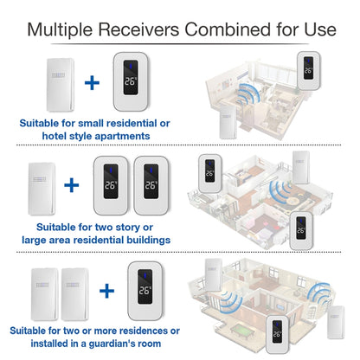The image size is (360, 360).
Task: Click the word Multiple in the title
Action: pyautogui.click(x=60, y=29)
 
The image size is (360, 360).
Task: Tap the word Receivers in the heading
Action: pyautogui.click(x=139, y=29)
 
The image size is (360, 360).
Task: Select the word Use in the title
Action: pyautogui.click(x=320, y=29)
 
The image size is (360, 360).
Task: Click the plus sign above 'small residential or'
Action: pyautogui.click(x=92, y=82)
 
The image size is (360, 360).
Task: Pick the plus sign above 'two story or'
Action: pyautogui.click(x=72, y=185)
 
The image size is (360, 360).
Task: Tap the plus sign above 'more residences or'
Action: pyautogui.click(x=106, y=291)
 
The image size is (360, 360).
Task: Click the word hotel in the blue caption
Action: pyautogui.click(x=55, y=136)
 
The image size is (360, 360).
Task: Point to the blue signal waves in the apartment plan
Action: pyautogui.click(x=247, y=94)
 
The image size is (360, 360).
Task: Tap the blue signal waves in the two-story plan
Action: pyautogui.click(x=280, y=190)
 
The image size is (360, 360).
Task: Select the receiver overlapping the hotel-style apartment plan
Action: pyautogui.click(x=309, y=71)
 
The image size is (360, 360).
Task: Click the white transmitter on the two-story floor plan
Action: pyautogui.click(x=301, y=167)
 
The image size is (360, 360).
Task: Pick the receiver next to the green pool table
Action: pyautogui.click(x=278, y=334)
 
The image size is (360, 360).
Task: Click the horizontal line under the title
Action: pyautogui.click(x=180, y=44)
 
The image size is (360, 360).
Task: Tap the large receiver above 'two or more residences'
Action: pyautogui.click(x=145, y=291)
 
